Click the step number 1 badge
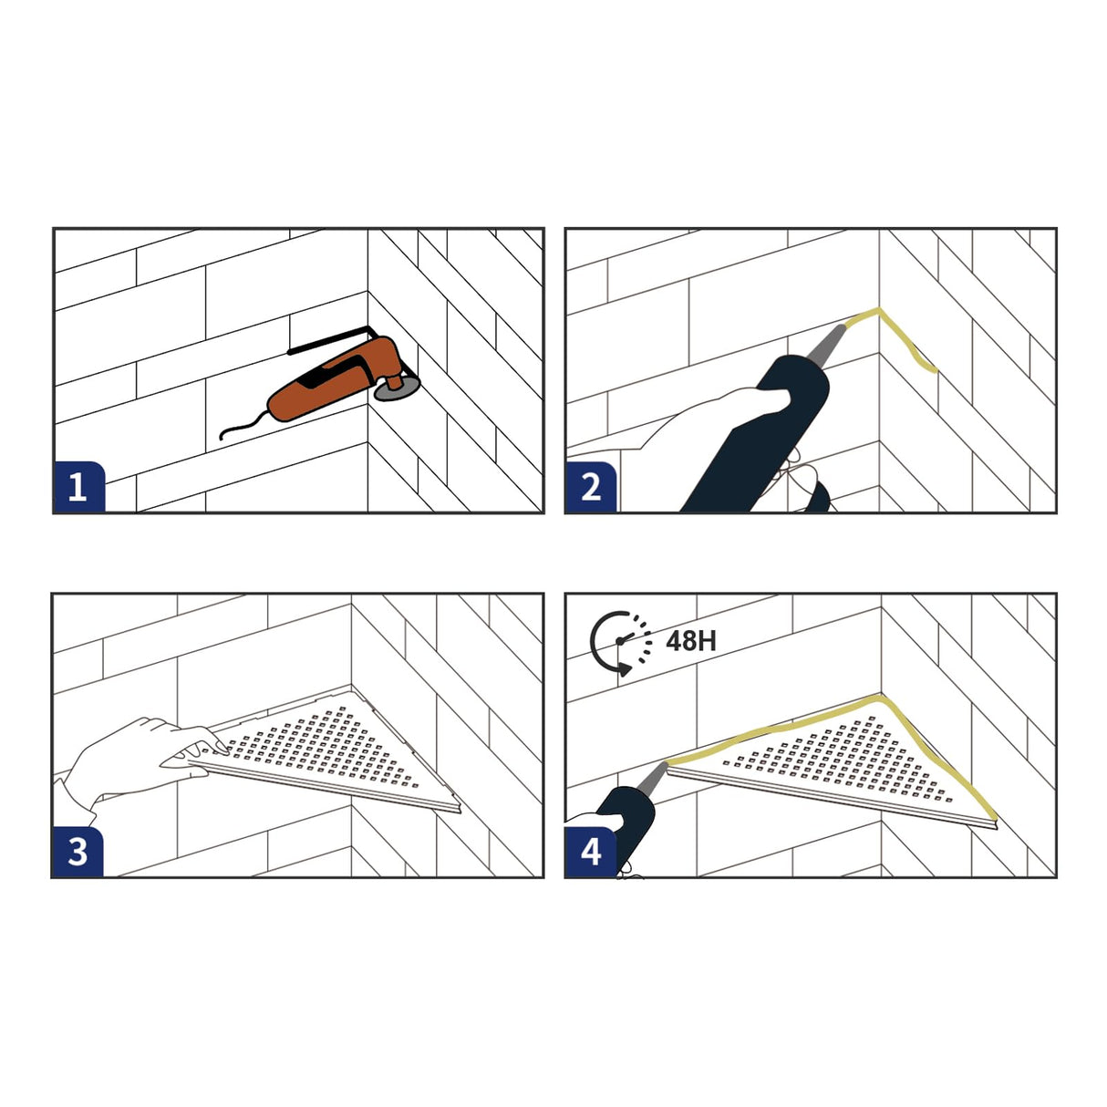(x=79, y=487)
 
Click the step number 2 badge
(x=591, y=487)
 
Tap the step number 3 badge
(x=78, y=852)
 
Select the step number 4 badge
(x=591, y=852)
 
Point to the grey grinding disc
(x=397, y=390)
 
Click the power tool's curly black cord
(x=243, y=426)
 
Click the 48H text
(x=690, y=640)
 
